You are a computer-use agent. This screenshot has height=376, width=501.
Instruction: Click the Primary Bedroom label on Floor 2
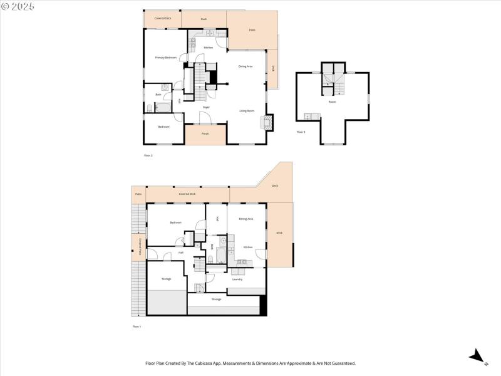[166, 58]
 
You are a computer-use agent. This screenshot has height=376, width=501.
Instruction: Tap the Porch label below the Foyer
[205, 133]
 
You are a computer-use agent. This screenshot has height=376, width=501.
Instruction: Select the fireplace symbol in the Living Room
[268, 121]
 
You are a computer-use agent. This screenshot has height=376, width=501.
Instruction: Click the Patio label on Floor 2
[252, 29]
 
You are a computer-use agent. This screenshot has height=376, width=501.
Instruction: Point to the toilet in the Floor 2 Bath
[150, 108]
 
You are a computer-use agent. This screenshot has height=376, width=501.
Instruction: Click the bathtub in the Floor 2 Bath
[163, 107]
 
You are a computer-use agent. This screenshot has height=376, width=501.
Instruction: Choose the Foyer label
[205, 108]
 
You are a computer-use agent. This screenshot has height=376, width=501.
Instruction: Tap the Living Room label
[247, 111]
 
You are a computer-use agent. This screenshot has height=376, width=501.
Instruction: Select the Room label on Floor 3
[332, 101]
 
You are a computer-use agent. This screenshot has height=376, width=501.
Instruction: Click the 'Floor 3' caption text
[301, 132]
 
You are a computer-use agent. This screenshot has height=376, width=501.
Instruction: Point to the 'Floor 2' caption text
[148, 155]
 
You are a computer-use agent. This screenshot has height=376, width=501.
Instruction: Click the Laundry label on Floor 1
[237, 279]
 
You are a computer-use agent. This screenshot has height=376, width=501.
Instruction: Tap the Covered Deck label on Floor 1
[187, 194]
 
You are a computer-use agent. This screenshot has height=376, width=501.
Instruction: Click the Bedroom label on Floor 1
[175, 222]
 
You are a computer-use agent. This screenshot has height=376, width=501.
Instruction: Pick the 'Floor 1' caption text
[137, 326]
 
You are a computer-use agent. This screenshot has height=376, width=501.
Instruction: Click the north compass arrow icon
[477, 355]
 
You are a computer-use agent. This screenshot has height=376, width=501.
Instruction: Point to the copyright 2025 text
[18, 6]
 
